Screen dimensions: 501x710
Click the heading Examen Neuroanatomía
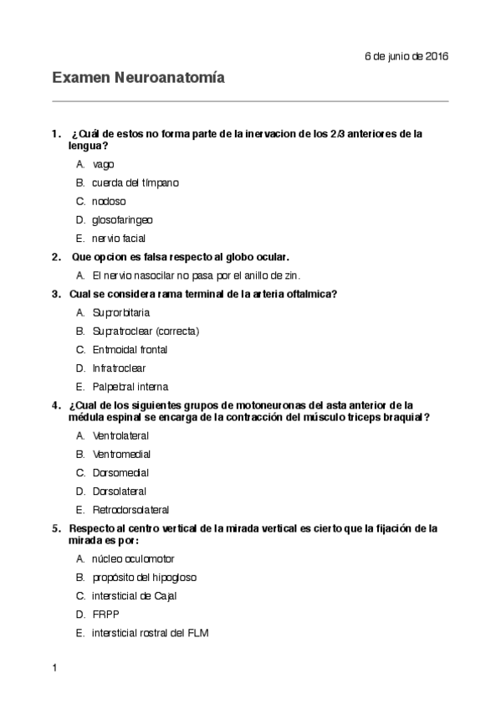pyautogui.click(x=138, y=78)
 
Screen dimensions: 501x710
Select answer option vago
pyautogui.click(x=103, y=164)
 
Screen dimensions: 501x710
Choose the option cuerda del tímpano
pyautogui.click(x=135, y=183)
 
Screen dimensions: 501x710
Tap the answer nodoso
pyautogui.click(x=108, y=201)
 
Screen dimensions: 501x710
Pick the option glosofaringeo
pyautogui.click(x=122, y=219)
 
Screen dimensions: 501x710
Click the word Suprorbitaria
pyautogui.click(x=121, y=312)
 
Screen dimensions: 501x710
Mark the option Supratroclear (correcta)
pyautogui.click(x=146, y=331)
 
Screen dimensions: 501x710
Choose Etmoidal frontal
pyautogui.click(x=130, y=349)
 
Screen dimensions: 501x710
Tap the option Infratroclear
pyautogui.click(x=119, y=368)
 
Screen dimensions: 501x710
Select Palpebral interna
pyautogui.click(x=130, y=387)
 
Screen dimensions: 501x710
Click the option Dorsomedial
pyautogui.click(x=121, y=472)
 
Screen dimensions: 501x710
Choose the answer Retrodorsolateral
pyautogui.click(x=130, y=509)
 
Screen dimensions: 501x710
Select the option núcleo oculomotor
pyautogui.click(x=133, y=558)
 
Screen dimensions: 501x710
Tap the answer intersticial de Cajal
pyautogui.click(x=134, y=595)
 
